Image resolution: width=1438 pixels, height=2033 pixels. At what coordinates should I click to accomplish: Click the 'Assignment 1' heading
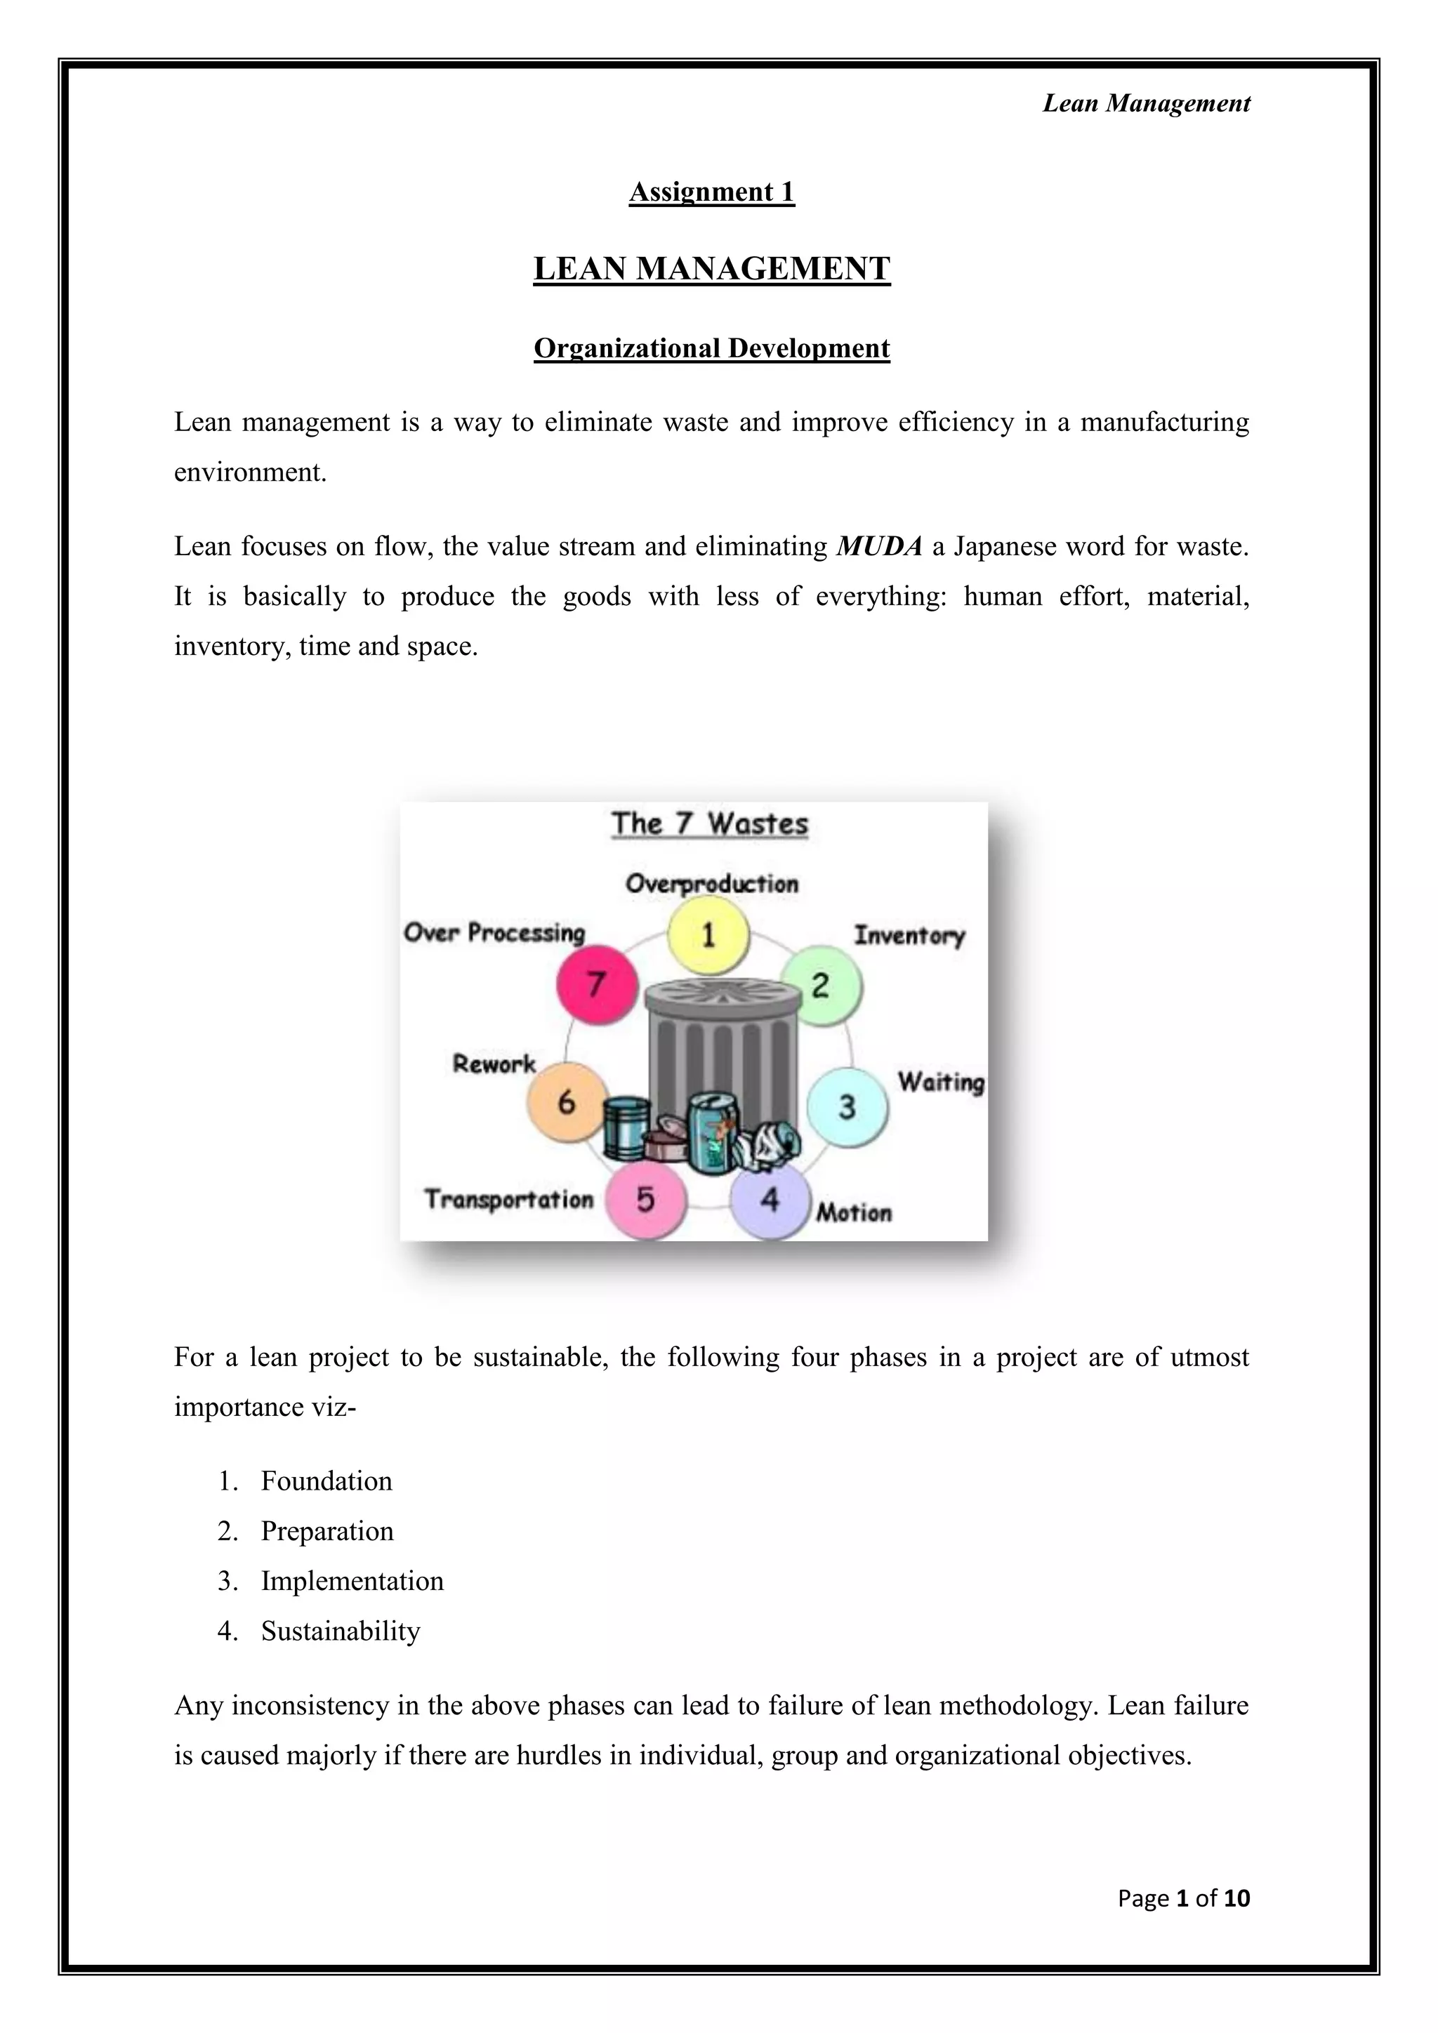pos(712,192)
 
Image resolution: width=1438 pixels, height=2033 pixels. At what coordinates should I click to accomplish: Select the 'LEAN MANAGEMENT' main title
pos(712,269)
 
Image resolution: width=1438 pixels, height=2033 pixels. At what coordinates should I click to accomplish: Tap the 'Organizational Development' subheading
pos(712,348)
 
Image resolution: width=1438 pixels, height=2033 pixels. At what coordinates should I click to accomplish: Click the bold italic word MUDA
pos(879,546)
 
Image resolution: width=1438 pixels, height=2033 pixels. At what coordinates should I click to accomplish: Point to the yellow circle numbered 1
pos(708,935)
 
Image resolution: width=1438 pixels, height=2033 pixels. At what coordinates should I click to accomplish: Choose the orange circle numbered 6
pos(567,1101)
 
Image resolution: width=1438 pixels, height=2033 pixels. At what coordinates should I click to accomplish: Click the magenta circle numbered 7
pos(597,984)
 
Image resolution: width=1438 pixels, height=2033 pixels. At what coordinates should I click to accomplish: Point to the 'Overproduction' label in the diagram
pos(712,884)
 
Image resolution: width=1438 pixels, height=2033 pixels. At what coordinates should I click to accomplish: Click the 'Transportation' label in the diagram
pos(509,1200)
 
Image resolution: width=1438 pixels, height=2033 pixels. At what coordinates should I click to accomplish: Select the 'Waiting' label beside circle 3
pos(940,1082)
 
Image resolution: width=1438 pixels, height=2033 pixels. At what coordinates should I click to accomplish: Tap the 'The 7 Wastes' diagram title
pos(709,823)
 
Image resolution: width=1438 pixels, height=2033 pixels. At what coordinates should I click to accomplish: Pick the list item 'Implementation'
pos(352,1580)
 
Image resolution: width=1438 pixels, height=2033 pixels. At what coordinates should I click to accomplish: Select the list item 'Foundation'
pos(326,1481)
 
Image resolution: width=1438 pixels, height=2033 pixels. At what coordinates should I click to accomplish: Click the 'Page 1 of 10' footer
pos(1183,1898)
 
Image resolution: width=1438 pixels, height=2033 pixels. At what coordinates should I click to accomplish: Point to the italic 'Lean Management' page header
pos(1146,104)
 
